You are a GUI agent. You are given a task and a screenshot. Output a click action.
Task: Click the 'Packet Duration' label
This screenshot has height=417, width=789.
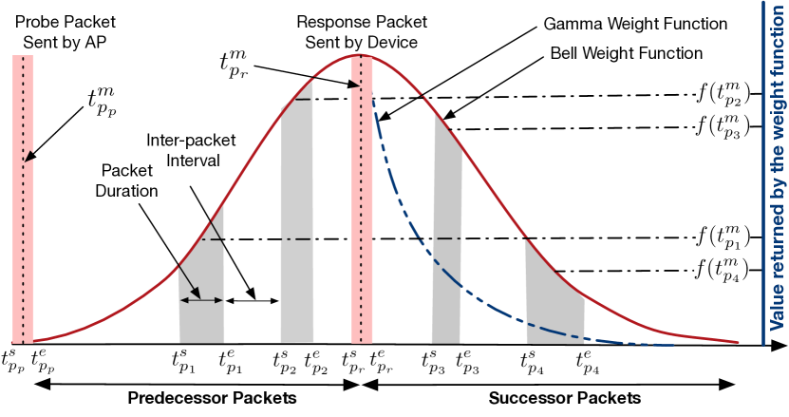tap(129, 180)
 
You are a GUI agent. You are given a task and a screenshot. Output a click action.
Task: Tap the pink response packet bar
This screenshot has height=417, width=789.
tap(360, 199)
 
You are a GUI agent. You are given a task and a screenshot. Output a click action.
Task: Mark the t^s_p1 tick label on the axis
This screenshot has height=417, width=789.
tap(182, 360)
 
